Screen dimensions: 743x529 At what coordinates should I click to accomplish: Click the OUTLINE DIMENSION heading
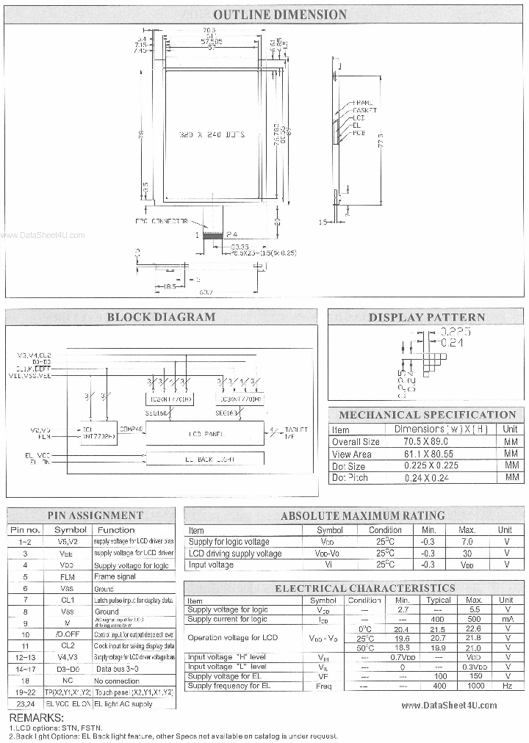(x=279, y=15)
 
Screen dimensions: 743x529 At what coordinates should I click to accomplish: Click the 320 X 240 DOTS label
(x=212, y=136)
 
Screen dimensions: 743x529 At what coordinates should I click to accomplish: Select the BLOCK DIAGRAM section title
(x=161, y=317)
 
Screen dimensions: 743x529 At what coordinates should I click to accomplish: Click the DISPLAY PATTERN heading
(x=426, y=317)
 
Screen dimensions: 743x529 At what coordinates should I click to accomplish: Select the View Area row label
(x=352, y=454)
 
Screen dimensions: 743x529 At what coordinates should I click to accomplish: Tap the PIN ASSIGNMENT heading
(x=95, y=515)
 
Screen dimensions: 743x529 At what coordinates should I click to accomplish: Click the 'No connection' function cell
(x=117, y=681)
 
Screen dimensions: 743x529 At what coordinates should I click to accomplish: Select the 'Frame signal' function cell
(x=115, y=577)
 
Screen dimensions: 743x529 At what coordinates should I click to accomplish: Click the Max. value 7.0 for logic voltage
(x=467, y=541)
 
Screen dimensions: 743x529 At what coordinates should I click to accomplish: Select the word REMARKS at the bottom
(x=36, y=717)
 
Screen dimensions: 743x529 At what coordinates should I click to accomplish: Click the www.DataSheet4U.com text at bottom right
(x=449, y=705)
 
